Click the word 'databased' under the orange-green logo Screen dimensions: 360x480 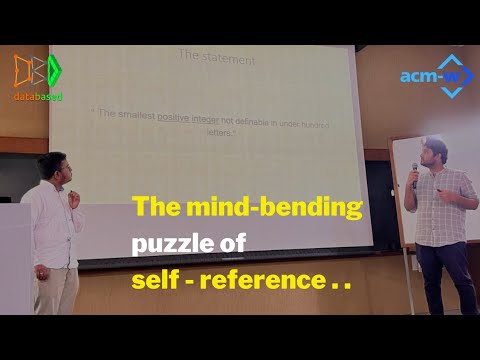click(39, 96)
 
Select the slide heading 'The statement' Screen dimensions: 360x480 click(215, 60)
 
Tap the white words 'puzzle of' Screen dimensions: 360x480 click(189, 244)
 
